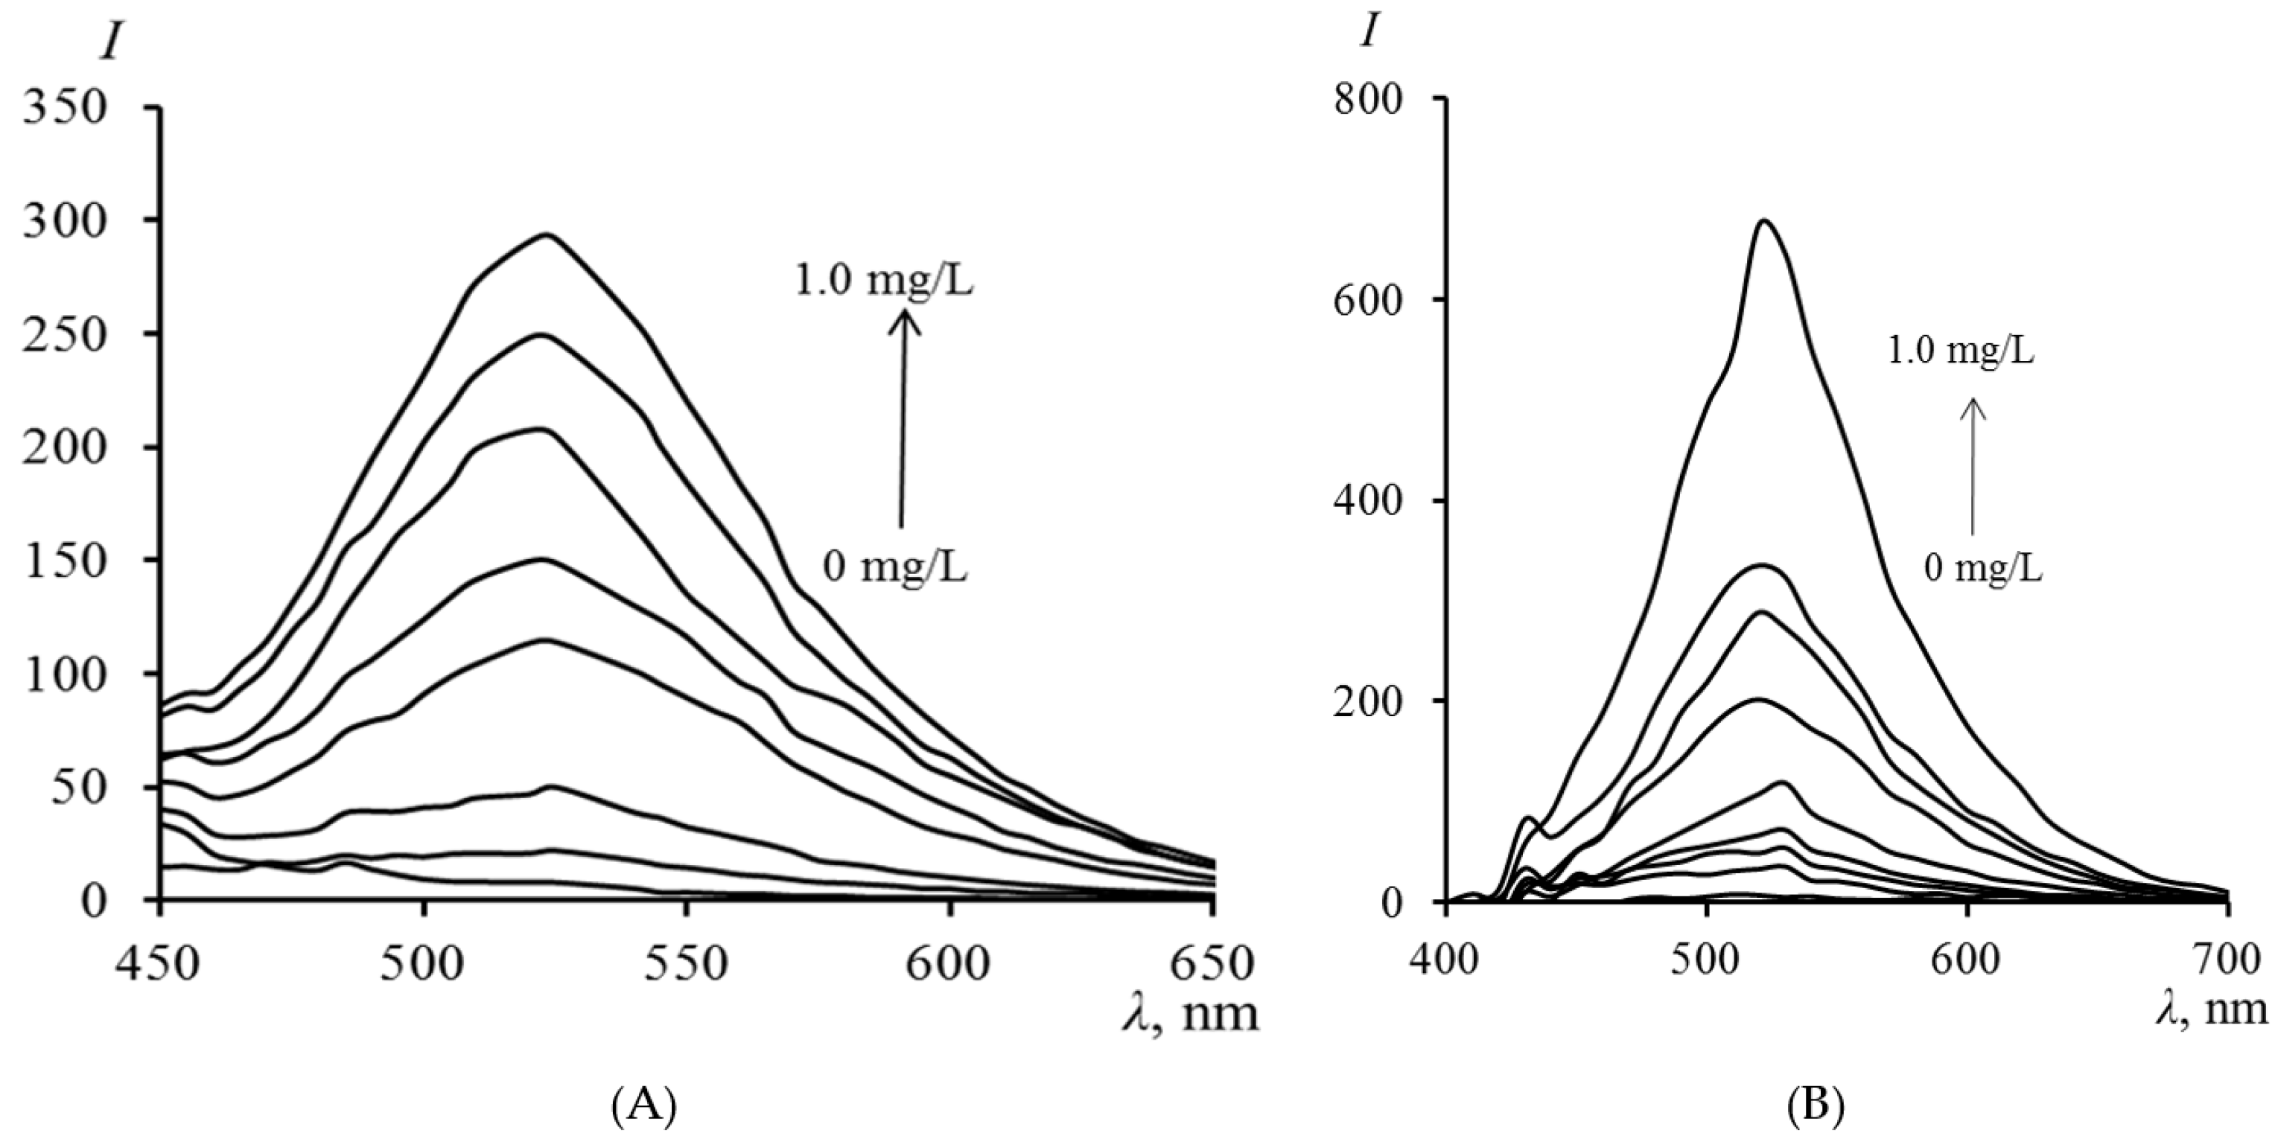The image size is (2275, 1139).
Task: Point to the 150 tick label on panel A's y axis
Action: [66, 561]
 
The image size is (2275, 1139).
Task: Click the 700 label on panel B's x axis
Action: [2227, 960]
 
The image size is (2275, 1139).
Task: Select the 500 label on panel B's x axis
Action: [1705, 960]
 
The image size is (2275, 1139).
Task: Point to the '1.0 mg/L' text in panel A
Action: [884, 283]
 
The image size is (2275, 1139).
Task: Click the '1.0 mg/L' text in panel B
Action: [1961, 352]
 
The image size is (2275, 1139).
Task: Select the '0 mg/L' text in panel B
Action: [1982, 569]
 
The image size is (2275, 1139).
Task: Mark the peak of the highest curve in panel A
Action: [547, 234]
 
